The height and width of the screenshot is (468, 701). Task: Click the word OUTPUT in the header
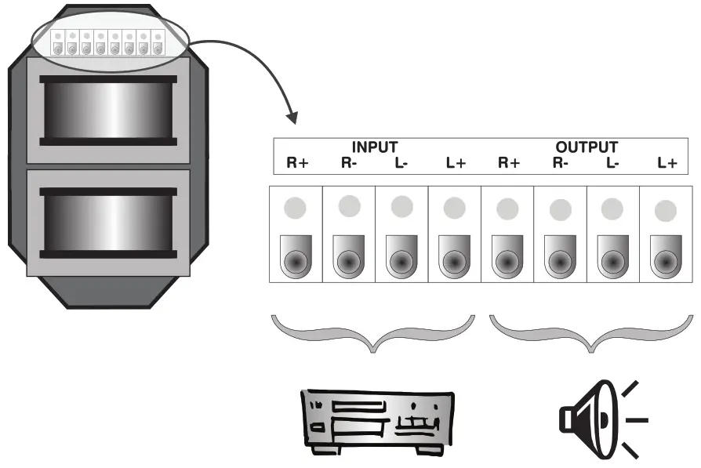tap(587, 147)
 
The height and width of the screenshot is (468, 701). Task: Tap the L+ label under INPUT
tap(456, 163)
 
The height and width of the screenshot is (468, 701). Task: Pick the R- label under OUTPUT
tap(560, 163)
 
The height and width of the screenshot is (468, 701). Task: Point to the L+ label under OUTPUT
tap(666, 163)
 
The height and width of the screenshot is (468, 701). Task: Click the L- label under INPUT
tap(401, 163)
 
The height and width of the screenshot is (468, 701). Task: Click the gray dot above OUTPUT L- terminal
tap(613, 209)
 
